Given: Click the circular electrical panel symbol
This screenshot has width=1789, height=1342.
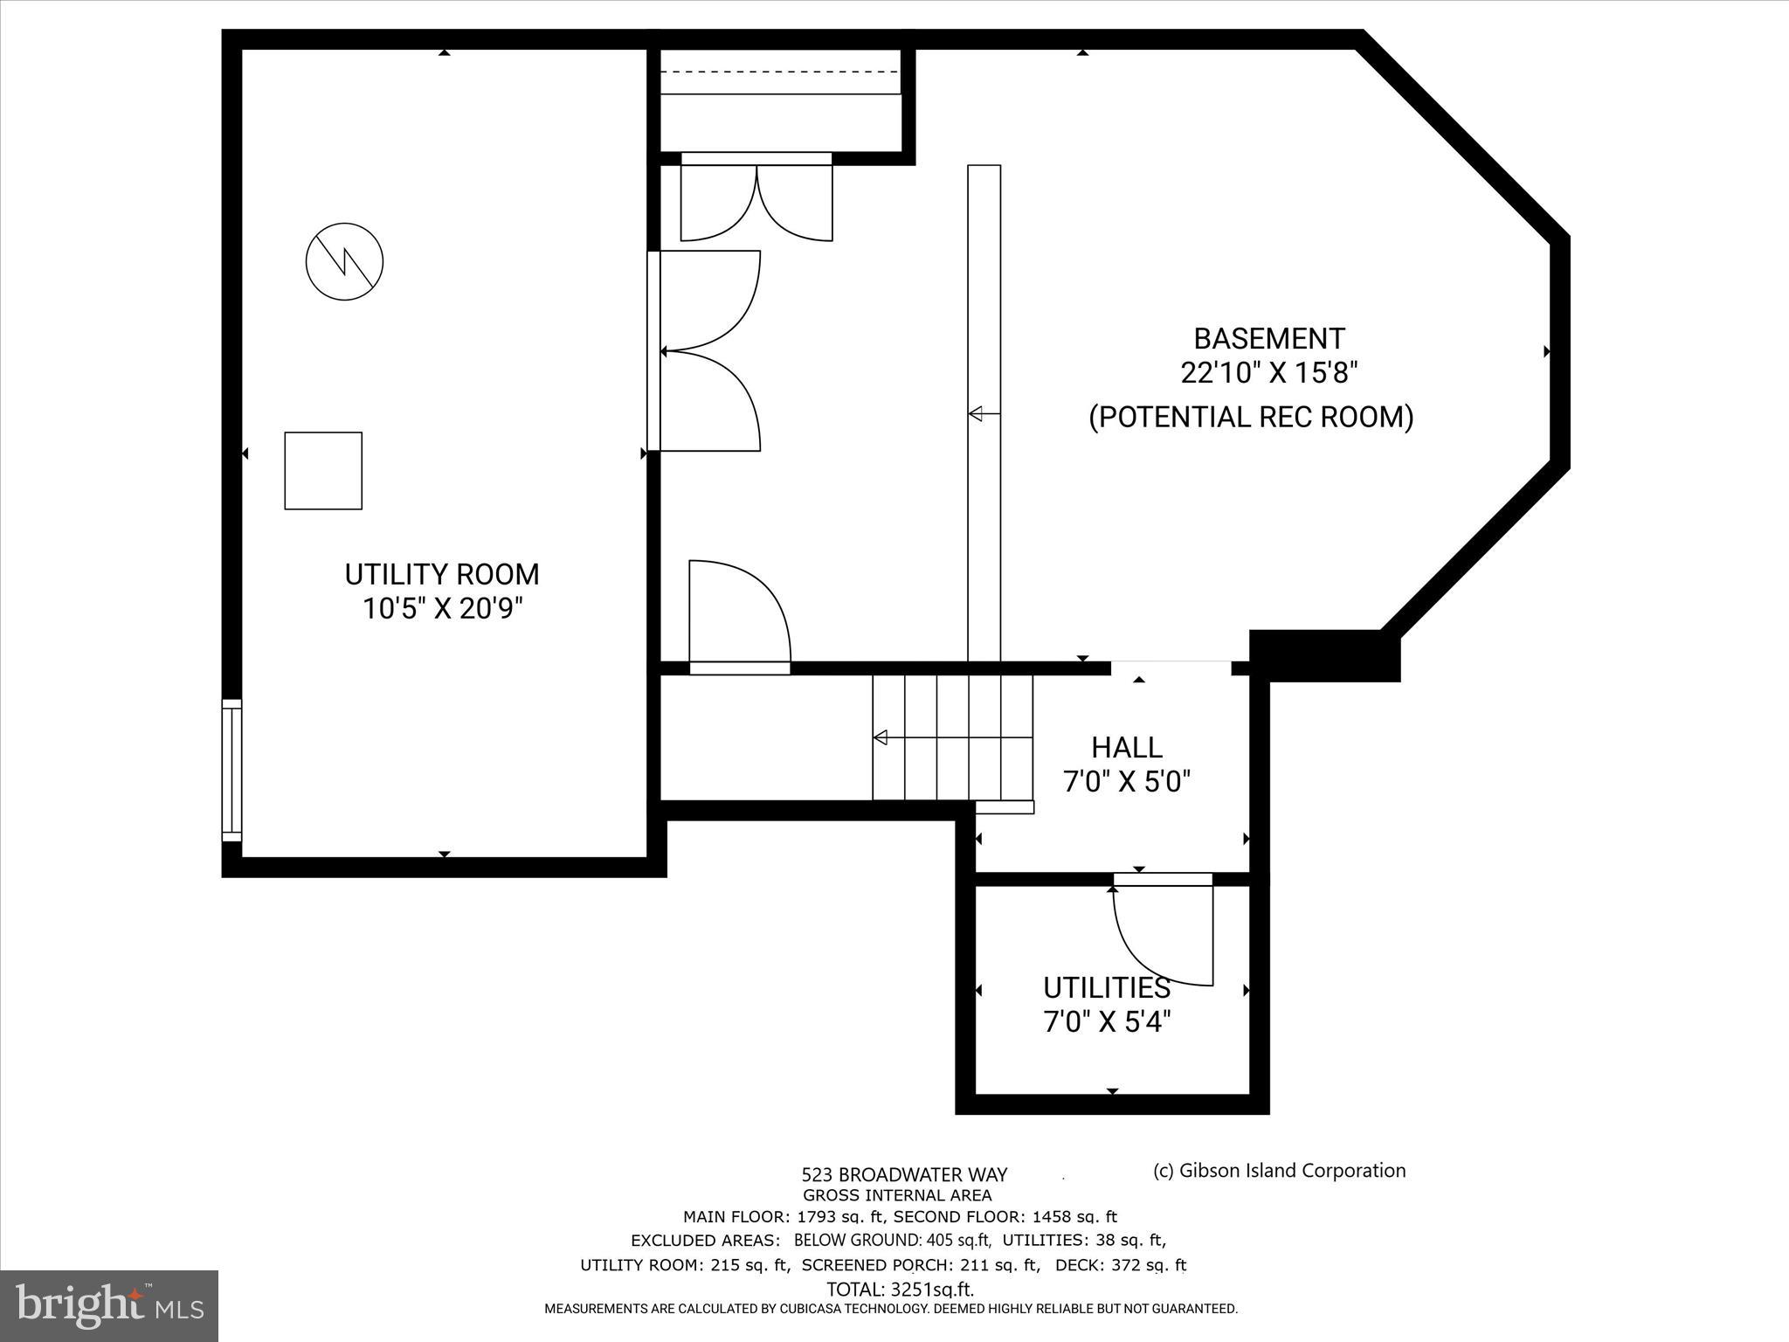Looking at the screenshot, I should point(345,261).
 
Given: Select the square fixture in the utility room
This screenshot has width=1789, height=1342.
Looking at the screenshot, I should point(323,470).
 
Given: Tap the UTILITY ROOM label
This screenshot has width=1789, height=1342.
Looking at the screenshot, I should point(441,575).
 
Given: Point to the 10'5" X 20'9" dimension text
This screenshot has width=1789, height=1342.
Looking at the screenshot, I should point(442,608).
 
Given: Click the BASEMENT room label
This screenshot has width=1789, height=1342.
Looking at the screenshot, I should point(1268,338).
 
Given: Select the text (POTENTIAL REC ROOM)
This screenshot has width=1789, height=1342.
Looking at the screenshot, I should point(1250,417).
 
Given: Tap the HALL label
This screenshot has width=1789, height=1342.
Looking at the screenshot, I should point(1126,748).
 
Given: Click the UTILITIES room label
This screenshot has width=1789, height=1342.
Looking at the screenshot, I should point(1106,988).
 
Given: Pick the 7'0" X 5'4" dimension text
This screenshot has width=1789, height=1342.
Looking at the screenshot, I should point(1106,1021).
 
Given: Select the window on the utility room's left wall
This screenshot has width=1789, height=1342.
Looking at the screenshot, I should point(231,770).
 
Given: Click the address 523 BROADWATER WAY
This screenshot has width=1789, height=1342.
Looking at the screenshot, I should point(904,1175).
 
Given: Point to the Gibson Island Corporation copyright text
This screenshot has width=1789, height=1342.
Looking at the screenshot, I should point(1279,1171).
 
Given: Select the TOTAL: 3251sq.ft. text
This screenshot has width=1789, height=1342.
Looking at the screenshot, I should point(900,1290).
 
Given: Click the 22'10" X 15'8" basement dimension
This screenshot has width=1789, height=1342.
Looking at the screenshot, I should point(1268,373).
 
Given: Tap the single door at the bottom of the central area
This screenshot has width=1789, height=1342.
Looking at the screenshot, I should point(739,617).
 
